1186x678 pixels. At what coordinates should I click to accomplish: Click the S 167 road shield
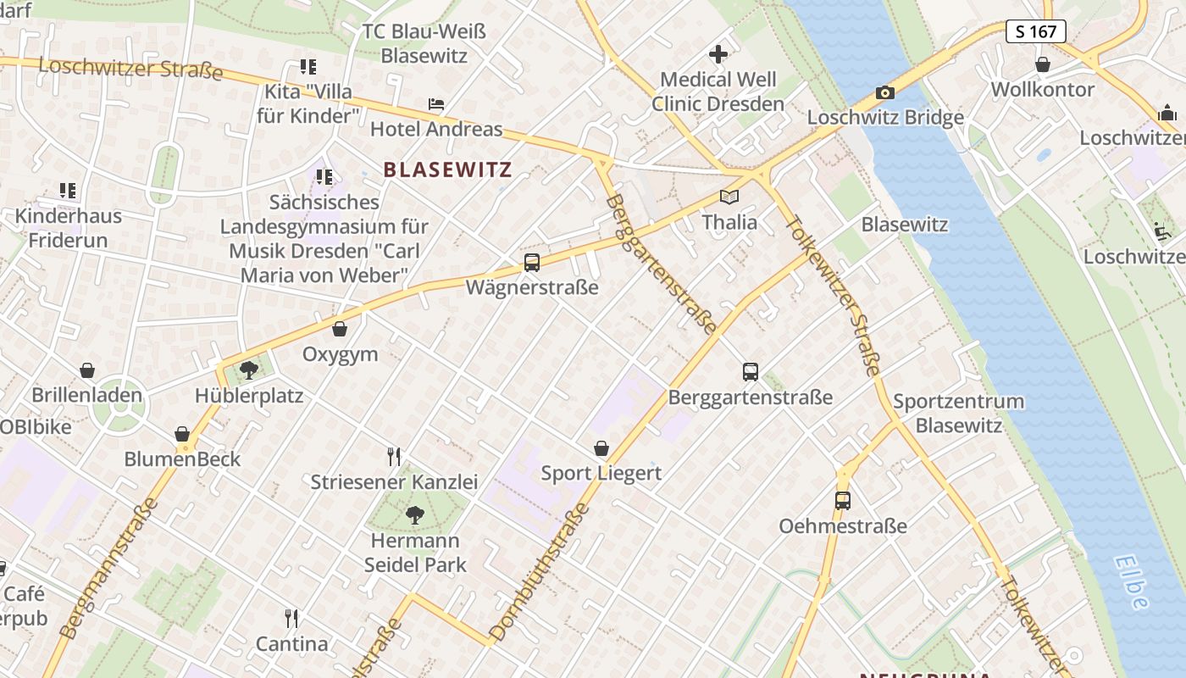pyautogui.click(x=1036, y=31)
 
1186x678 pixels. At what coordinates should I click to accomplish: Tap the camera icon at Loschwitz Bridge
pyautogui.click(x=884, y=92)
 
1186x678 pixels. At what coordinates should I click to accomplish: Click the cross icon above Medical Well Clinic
pyautogui.click(x=718, y=55)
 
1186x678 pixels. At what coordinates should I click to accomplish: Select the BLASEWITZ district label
pyautogui.click(x=447, y=169)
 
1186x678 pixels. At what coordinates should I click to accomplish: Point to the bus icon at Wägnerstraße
pyautogui.click(x=532, y=263)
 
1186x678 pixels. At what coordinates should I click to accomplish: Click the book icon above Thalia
pyautogui.click(x=729, y=197)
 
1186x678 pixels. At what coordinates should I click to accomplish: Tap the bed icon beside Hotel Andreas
pyautogui.click(x=436, y=105)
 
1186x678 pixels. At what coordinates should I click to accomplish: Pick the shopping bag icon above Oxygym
pyautogui.click(x=340, y=329)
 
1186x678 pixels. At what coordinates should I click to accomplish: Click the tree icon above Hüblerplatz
pyautogui.click(x=249, y=370)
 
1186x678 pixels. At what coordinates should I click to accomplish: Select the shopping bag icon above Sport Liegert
pyautogui.click(x=601, y=447)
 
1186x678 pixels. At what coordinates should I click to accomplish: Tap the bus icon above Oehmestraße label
pyautogui.click(x=842, y=500)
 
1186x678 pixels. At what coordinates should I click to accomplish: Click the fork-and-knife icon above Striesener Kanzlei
pyautogui.click(x=393, y=457)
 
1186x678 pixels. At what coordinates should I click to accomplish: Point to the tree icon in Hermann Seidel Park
pyautogui.click(x=415, y=514)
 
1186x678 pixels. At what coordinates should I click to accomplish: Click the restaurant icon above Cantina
pyautogui.click(x=291, y=618)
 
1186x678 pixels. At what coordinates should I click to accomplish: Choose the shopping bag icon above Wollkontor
pyautogui.click(x=1043, y=64)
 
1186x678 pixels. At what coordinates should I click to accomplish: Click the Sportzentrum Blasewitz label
pyautogui.click(x=958, y=413)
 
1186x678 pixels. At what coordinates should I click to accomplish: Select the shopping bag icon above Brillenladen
pyautogui.click(x=86, y=370)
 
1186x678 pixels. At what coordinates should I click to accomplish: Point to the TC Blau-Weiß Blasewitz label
pyautogui.click(x=424, y=43)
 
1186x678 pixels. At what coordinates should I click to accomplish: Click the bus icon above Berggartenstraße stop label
pyautogui.click(x=751, y=371)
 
